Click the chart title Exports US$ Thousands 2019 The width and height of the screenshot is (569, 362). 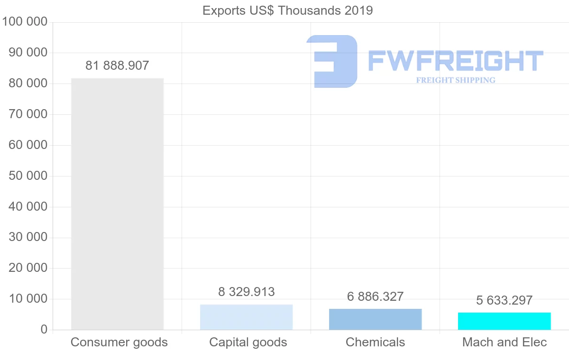coord(287,10)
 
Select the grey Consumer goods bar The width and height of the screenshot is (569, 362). coord(117,204)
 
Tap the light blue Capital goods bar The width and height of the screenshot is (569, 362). coord(246,317)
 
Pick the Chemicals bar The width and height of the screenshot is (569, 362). coord(375,319)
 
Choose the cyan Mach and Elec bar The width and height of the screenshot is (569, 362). coord(504,321)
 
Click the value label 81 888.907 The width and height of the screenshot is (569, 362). coord(117,65)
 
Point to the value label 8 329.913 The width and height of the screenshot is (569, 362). coord(246,292)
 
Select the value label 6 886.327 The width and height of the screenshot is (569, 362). coord(375,297)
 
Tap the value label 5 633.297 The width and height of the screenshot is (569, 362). coord(504,300)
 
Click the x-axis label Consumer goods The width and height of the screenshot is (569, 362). coord(119,342)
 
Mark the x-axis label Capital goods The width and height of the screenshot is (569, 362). coord(248,342)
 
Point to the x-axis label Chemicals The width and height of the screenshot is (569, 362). coord(375,342)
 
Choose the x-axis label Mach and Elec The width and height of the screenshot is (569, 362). coord(505,342)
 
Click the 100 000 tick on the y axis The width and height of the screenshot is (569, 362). coord(25,22)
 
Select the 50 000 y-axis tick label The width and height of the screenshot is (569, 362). coord(28,176)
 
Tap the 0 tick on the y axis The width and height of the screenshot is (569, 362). coord(44,330)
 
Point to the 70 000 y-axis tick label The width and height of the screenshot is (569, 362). coord(28,114)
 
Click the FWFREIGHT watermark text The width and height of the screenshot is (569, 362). coord(455,61)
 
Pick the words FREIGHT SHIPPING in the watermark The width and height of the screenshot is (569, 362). coord(455,80)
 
